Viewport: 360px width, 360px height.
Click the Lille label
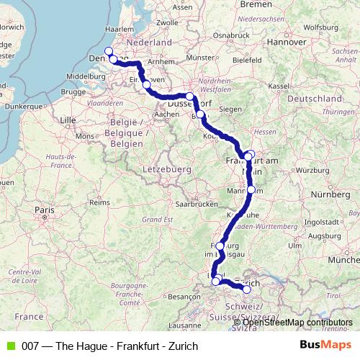[69, 118]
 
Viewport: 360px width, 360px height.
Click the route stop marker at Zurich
[246, 289]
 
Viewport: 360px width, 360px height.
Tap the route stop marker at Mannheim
[251, 189]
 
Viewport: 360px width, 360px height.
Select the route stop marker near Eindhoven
[147, 85]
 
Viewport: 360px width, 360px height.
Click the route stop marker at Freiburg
[220, 246]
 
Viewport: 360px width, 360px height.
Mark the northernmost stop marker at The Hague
[109, 50]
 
